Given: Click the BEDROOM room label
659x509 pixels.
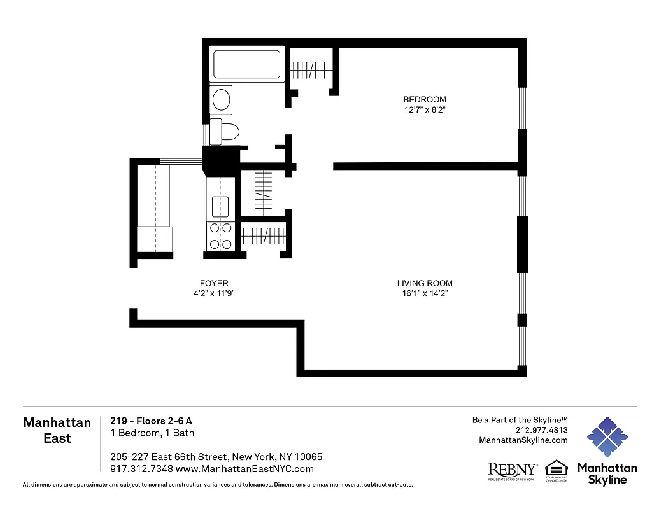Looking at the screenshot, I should click(x=425, y=99).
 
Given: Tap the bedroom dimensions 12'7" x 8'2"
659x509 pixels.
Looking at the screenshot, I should click(x=425, y=109).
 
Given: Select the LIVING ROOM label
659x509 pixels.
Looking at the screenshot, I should click(x=425, y=283).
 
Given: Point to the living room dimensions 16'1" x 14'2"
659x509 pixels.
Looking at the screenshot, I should click(x=425, y=293).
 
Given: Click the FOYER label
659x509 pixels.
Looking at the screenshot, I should click(x=214, y=283).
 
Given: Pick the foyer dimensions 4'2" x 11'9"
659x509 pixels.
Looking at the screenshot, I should click(x=214, y=293).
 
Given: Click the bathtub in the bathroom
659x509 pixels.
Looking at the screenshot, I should click(x=248, y=65).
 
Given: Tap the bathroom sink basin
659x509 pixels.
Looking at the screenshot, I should click(x=222, y=100).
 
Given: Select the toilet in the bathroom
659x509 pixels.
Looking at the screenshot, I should click(x=226, y=132).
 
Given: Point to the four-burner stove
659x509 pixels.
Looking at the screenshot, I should click(x=220, y=235).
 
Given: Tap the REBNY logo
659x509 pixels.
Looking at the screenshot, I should click(x=512, y=470).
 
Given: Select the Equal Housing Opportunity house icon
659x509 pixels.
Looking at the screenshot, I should click(x=556, y=468).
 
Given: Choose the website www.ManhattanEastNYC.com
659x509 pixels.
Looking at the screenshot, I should click(x=244, y=469).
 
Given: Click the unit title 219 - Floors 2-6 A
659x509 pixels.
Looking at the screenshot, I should click(x=151, y=421).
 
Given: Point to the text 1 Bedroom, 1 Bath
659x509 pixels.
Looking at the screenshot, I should click(x=152, y=433).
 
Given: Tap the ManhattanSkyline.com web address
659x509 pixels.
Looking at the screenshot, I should click(x=523, y=440).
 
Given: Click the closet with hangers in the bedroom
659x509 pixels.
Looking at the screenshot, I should click(x=312, y=69).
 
